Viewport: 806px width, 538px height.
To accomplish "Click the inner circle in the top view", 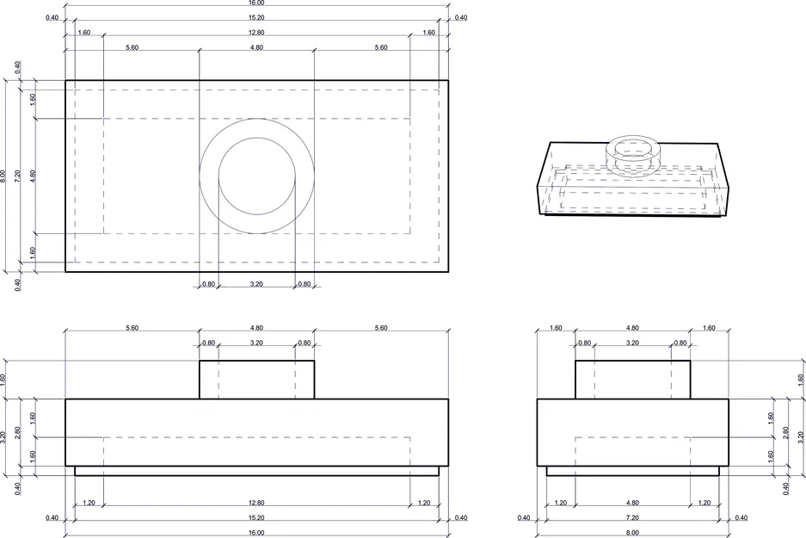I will pos(256,176).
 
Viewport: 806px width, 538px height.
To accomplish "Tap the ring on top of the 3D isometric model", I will pos(634,151).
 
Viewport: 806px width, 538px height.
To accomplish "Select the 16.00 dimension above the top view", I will pos(256,3).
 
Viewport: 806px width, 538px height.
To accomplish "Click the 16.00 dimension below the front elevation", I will pos(256,533).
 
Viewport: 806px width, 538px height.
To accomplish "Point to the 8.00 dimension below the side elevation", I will pos(632,533).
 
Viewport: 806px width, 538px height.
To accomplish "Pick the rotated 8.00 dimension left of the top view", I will pos(4,176).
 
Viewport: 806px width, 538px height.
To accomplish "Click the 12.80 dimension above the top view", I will pos(256,33).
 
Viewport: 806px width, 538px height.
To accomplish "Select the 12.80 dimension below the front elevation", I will pos(256,503).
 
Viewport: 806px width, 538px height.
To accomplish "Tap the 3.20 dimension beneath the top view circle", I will pos(256,283).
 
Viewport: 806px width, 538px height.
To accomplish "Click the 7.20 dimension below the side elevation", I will pos(632,517).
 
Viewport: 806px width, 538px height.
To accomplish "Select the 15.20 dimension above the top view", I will pos(256,17).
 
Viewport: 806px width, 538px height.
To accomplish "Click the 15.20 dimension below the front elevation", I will pos(256,517).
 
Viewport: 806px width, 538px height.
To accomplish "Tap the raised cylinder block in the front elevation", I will pos(256,380).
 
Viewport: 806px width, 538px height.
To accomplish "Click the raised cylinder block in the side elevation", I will pos(632,380).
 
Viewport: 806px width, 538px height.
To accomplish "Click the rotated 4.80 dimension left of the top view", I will pos(34,176).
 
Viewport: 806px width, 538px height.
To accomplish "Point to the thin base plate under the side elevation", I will pos(632,471).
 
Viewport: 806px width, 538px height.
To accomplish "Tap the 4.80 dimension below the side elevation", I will pos(632,503).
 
